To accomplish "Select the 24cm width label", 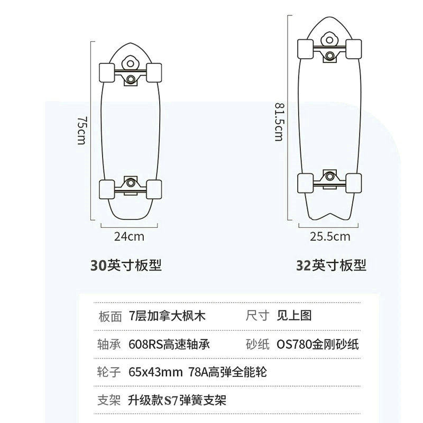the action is (x=129, y=236).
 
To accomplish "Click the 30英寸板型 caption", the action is (x=126, y=265).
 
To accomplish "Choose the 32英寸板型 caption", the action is (x=332, y=265).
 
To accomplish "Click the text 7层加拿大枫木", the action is (x=167, y=316).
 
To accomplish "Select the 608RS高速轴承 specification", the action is (x=169, y=344).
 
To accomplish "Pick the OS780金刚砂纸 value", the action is (x=318, y=344).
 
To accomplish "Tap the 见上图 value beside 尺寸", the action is (x=295, y=316).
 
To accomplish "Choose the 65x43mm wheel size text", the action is (x=155, y=372).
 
